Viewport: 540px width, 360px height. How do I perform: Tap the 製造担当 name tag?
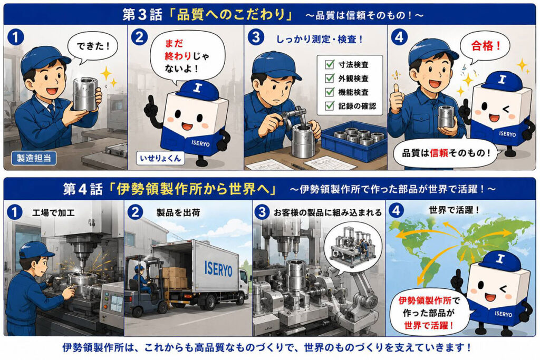(34, 158)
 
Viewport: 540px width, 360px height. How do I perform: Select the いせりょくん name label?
(160, 158)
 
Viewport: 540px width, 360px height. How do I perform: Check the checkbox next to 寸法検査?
(330, 64)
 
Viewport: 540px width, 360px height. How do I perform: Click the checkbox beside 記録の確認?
(330, 105)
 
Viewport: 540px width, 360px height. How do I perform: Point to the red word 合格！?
(486, 46)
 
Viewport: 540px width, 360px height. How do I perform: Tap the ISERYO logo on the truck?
(218, 268)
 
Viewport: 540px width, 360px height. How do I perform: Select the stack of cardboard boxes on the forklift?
(175, 278)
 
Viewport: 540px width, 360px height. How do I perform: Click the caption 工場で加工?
(53, 212)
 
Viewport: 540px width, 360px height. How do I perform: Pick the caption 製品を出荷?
(178, 212)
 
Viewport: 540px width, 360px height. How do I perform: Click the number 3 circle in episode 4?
(262, 212)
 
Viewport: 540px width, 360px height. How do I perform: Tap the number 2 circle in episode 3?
(139, 37)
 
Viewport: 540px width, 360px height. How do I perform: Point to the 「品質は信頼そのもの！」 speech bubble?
(447, 153)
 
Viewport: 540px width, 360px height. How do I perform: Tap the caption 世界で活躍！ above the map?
(455, 210)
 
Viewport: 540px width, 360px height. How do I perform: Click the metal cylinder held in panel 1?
(85, 94)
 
